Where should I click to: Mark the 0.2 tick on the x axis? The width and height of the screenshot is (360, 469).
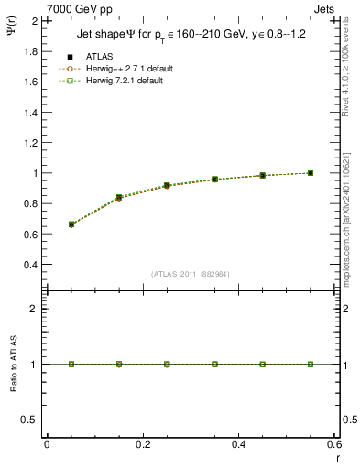click(142, 444)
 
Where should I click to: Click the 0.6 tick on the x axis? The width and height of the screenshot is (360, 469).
click(333, 444)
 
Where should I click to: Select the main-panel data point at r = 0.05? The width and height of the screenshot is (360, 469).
click(71, 224)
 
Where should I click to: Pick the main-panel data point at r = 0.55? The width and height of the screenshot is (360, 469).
click(311, 173)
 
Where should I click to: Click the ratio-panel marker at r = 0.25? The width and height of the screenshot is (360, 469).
click(167, 364)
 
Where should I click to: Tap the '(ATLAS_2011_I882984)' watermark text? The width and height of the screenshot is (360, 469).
click(191, 274)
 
